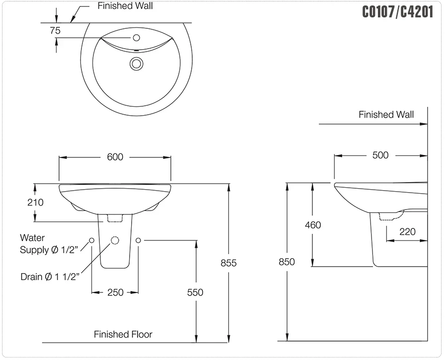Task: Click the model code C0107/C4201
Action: pyautogui.click(x=398, y=12)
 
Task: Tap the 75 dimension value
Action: pyautogui.click(x=55, y=30)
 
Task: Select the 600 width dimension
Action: pyautogui.click(x=115, y=157)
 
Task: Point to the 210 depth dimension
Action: pyautogui.click(x=35, y=203)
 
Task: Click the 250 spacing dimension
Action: pyautogui.click(x=115, y=292)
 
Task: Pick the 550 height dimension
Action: pyautogui.click(x=195, y=292)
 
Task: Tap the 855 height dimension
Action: pyautogui.click(x=228, y=263)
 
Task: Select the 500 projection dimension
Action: pyautogui.click(x=380, y=155)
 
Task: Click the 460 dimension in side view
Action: pyautogui.click(x=313, y=225)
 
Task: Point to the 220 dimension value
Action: pyautogui.click(x=408, y=232)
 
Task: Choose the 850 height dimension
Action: pyautogui.click(x=287, y=262)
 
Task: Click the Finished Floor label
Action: pyautogui.click(x=123, y=334)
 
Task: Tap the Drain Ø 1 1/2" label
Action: pyautogui.click(x=50, y=277)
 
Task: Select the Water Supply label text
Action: pyautogui.click(x=49, y=244)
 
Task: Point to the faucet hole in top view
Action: pyautogui.click(x=137, y=38)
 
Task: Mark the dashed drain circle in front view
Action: pyautogui.click(x=115, y=240)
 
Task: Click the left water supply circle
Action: pyautogui.click(x=91, y=240)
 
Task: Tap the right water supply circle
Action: pyautogui.click(x=138, y=240)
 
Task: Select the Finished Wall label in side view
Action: pyautogui.click(x=386, y=115)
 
